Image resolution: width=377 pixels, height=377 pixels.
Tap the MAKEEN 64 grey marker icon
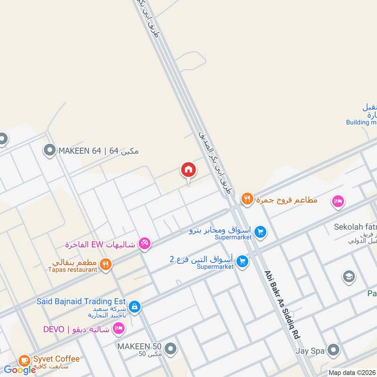click(49, 151)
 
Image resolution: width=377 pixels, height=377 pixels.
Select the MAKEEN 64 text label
click(98, 151)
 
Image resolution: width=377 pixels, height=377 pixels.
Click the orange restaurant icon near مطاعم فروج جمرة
click(247, 199)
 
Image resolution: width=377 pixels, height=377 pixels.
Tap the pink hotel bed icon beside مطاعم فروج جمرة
click(338, 201)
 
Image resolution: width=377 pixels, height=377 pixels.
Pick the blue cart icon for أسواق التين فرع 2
click(242, 261)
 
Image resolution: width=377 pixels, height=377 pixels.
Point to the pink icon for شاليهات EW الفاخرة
click(145, 243)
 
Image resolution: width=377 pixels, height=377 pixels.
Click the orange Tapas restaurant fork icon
click(106, 264)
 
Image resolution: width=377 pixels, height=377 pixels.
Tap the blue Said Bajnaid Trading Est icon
click(134, 306)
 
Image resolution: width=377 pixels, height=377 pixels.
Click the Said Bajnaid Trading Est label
click(81, 301)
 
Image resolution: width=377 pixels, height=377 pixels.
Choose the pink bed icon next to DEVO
click(119, 328)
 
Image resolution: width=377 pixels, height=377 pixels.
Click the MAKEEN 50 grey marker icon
click(171, 349)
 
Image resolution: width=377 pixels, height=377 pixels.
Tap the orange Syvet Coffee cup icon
click(24, 361)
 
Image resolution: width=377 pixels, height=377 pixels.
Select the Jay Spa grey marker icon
click(333, 350)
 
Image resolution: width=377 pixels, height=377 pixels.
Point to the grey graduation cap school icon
click(349, 276)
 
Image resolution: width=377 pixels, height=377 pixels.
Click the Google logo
click(20, 370)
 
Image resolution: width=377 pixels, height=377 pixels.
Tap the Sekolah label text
click(355, 227)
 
